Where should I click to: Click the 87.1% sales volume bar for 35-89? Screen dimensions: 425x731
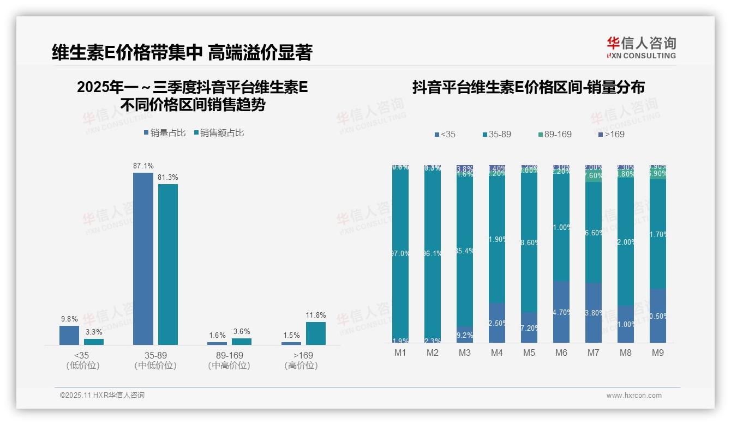[x=143, y=258]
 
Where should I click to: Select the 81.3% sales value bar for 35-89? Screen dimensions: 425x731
[x=168, y=264]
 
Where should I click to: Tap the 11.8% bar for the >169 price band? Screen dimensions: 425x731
[x=315, y=333]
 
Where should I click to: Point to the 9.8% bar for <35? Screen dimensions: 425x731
[x=69, y=335]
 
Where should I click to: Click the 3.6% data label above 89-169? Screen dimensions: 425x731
[x=241, y=331]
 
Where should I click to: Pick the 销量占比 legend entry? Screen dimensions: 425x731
[x=165, y=133]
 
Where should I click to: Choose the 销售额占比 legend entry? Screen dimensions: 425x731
[x=219, y=133]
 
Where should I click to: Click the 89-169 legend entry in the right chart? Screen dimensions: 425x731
[x=555, y=134]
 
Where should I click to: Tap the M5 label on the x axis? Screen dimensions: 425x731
[x=529, y=353]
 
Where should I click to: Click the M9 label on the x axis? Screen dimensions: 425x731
[x=658, y=353]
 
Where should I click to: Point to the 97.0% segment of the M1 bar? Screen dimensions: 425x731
[x=400, y=253]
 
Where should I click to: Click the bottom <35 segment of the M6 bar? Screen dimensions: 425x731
[x=561, y=312]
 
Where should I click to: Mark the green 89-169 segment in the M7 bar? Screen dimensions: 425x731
[x=594, y=176]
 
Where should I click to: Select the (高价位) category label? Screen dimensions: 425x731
[x=301, y=366]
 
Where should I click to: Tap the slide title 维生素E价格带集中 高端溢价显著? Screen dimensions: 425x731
[x=182, y=52]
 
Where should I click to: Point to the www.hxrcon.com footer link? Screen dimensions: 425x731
[x=634, y=396]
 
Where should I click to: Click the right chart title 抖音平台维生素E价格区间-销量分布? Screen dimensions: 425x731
[x=528, y=87]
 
